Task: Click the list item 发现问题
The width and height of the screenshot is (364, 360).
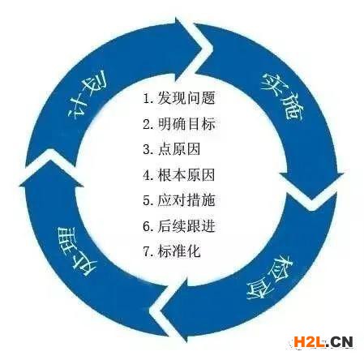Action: pyautogui.click(x=186, y=98)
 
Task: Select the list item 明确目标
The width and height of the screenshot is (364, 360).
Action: pyautogui.click(x=186, y=124)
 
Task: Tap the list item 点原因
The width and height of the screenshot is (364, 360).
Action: pyautogui.click(x=179, y=149)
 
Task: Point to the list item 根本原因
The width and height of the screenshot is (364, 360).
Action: pyautogui.click(x=186, y=175)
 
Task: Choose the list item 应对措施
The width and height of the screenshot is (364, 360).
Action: pyautogui.click(x=186, y=200)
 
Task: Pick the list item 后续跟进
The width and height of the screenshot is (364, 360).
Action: pyautogui.click(x=186, y=226)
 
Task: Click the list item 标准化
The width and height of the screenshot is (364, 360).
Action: pyautogui.click(x=179, y=251)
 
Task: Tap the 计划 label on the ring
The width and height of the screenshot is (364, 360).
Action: pyautogui.click(x=87, y=95)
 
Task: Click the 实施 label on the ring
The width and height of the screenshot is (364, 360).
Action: pyautogui.click(x=281, y=95)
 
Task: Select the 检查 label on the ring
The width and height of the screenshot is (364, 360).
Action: pyautogui.click(x=271, y=277)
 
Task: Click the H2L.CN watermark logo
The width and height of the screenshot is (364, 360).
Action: pyautogui.click(x=323, y=342)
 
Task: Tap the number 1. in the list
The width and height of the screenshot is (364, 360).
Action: pyautogui.click(x=148, y=98)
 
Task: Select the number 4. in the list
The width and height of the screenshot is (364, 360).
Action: pyautogui.click(x=148, y=175)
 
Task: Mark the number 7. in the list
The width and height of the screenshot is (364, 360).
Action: pyautogui.click(x=148, y=251)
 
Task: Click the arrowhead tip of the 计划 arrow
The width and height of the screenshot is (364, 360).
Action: pyautogui.click(x=202, y=49)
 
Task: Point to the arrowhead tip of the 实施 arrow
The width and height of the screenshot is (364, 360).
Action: pyautogui.click(x=311, y=200)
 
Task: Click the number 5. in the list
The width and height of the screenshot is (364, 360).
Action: pyautogui.click(x=148, y=201)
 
